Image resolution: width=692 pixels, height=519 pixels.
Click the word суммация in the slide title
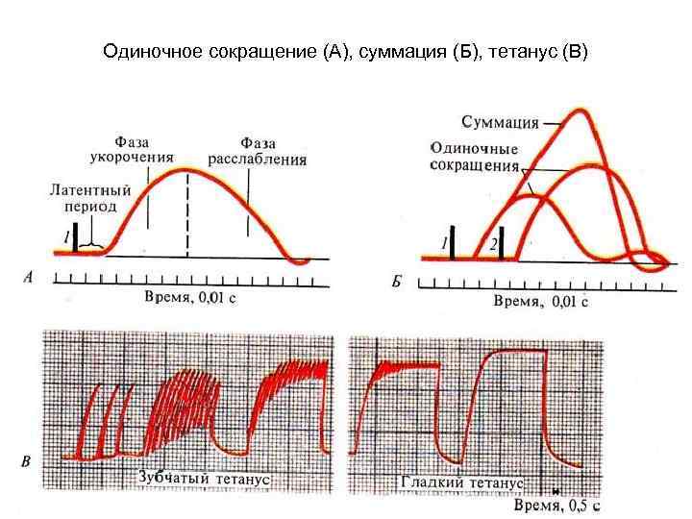tap(406, 49)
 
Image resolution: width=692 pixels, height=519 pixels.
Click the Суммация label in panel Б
tap(499, 122)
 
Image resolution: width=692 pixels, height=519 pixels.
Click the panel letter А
tap(28, 277)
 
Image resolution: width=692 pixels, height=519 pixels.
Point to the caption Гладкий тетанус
tap(461, 482)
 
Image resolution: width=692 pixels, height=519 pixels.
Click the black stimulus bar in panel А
tap(75, 238)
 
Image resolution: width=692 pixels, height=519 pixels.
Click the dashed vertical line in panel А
tap(186, 211)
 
